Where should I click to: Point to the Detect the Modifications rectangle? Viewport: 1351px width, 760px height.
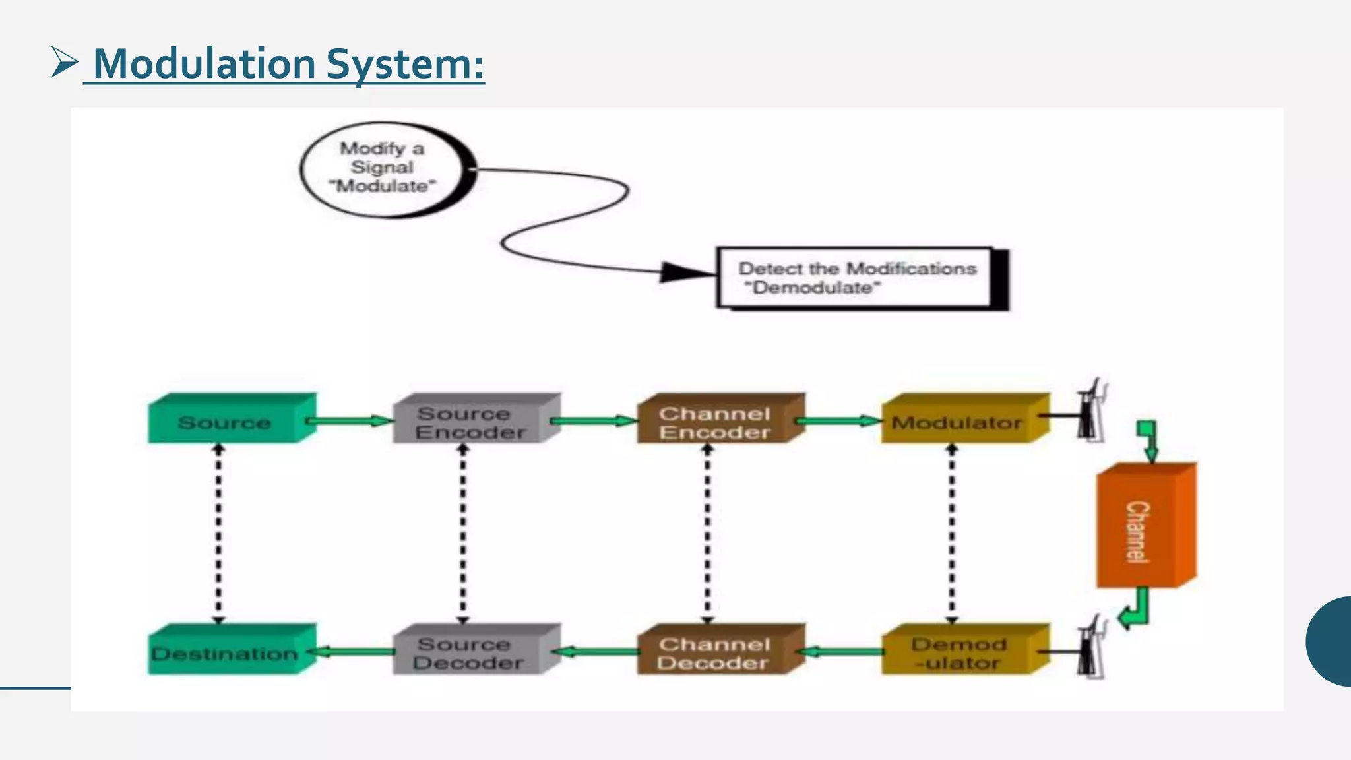coord(858,278)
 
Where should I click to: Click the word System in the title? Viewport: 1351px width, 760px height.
coord(405,65)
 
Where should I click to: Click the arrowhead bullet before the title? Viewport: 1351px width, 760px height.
coord(65,63)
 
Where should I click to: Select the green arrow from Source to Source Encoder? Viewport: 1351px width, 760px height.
coord(350,421)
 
